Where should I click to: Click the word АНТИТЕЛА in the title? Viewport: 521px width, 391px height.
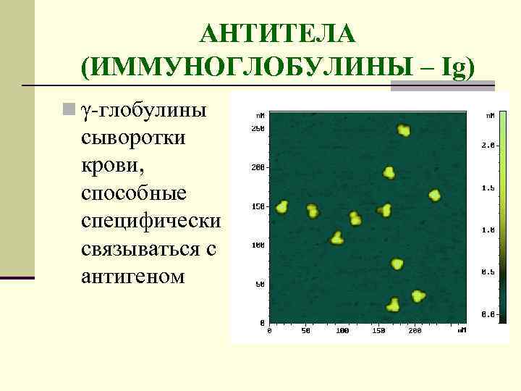[x=279, y=33]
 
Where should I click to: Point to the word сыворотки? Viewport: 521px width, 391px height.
[x=134, y=138]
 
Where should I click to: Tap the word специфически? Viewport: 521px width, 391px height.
[x=151, y=221]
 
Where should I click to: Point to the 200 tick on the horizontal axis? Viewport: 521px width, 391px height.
[x=415, y=331]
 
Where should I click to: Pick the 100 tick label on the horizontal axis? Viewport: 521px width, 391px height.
[x=342, y=331]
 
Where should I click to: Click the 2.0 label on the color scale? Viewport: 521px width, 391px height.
[x=488, y=146]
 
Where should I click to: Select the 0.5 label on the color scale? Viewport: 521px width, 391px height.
[x=488, y=272]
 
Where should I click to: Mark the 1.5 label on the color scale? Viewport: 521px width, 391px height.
[x=488, y=188]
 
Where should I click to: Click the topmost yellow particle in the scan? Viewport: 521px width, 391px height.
[x=404, y=130]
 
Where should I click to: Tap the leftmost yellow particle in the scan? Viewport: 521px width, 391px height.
[x=282, y=206]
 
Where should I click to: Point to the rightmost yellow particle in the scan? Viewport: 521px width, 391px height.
[x=434, y=195]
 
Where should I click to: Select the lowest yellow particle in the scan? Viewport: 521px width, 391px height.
[x=393, y=305]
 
